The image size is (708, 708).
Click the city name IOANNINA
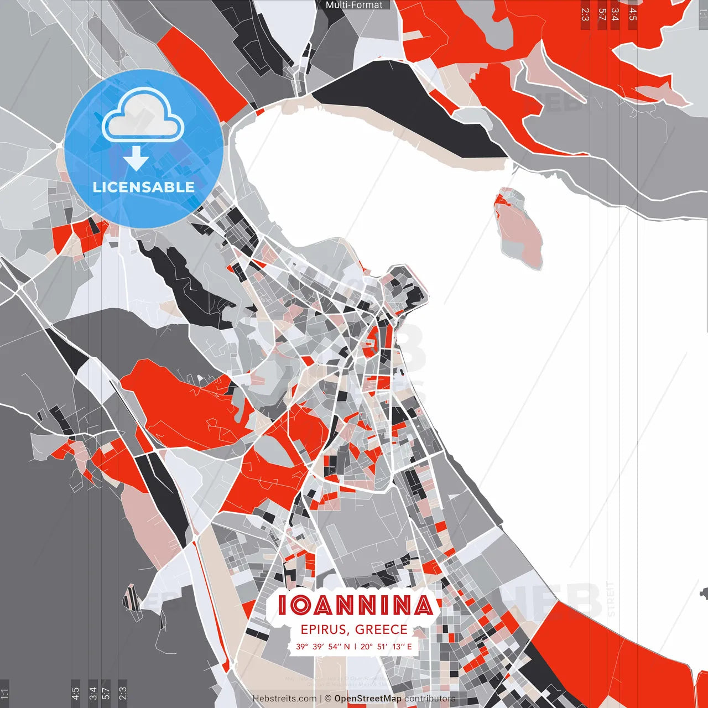tap(355, 605)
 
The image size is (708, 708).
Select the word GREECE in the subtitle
tap(381, 629)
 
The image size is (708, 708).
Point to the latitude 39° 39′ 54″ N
tap(322, 647)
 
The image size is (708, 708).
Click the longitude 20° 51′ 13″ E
tap(386, 647)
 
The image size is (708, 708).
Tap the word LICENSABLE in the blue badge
tap(144, 187)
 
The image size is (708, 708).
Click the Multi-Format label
tap(354, 5)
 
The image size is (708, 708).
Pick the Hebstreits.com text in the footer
tap(284, 699)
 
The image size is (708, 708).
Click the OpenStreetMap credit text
tap(368, 699)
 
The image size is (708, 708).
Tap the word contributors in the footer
tap(430, 699)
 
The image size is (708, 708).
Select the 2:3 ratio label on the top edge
tap(585, 14)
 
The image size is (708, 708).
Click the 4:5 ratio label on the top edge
tap(633, 14)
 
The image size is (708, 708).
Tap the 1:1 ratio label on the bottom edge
tap(4, 693)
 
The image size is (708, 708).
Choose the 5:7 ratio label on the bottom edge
tap(106, 693)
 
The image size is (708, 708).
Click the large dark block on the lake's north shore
tap(409, 105)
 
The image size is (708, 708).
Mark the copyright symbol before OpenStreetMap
tap(328, 699)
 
